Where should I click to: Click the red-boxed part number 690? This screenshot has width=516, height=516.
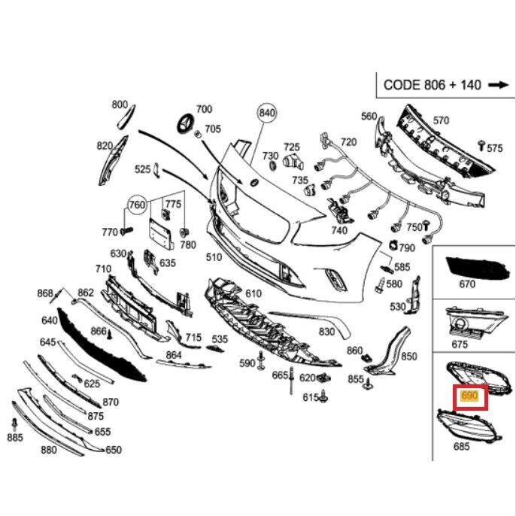click(469, 396)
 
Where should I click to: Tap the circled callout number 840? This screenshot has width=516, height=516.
click(267, 114)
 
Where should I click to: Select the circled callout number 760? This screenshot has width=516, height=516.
click(136, 204)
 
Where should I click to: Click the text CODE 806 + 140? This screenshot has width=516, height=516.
click(432, 85)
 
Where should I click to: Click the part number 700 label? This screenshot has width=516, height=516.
click(204, 110)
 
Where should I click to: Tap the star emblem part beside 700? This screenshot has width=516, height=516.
click(186, 126)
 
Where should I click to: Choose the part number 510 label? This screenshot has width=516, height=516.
click(214, 257)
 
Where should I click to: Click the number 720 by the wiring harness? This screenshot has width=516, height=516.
click(348, 141)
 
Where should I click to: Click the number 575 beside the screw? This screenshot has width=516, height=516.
click(494, 148)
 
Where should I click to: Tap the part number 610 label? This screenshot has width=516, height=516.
click(252, 293)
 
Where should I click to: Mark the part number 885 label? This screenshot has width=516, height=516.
click(15, 438)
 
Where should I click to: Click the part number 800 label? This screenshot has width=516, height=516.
click(120, 105)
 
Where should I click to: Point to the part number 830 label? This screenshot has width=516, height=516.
click(326, 331)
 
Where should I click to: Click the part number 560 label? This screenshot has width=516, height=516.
click(369, 116)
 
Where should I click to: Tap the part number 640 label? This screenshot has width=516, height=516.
click(50, 320)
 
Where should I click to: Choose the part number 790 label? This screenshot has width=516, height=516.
click(406, 248)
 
